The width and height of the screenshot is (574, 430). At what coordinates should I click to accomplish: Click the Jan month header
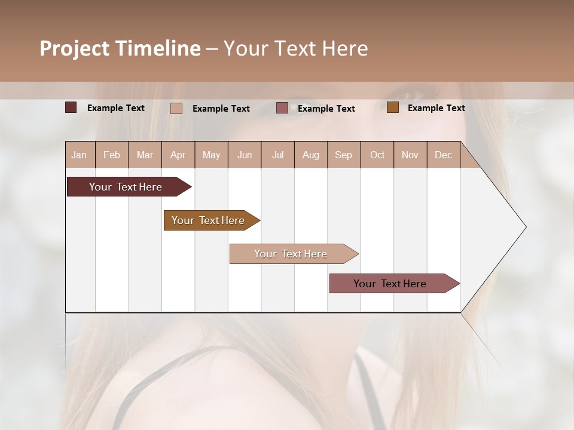(80, 155)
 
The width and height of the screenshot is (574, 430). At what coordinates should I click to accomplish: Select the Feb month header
(112, 155)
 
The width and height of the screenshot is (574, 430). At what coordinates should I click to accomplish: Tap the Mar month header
(145, 155)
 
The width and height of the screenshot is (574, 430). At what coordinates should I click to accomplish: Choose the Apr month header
(178, 155)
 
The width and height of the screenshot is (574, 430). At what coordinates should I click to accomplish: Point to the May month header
(211, 155)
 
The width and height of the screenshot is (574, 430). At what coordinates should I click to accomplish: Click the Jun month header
(245, 155)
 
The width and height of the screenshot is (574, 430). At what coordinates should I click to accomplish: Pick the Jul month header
(277, 155)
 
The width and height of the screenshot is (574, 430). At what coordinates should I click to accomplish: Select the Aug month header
(311, 155)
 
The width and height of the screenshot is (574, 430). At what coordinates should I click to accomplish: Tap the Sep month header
(344, 155)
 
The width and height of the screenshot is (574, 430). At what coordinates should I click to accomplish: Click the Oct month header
(377, 155)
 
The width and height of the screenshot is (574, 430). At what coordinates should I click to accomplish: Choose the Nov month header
(410, 155)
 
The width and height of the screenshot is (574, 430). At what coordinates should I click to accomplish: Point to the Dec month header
(444, 155)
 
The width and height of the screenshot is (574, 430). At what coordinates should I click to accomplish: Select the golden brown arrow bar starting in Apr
(209, 220)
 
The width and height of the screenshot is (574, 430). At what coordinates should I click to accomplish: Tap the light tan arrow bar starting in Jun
(291, 254)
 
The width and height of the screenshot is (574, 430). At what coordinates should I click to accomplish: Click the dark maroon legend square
(71, 107)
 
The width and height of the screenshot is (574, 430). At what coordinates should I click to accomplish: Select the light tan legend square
(176, 108)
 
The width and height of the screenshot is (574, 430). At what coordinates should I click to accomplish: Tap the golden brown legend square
(393, 107)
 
